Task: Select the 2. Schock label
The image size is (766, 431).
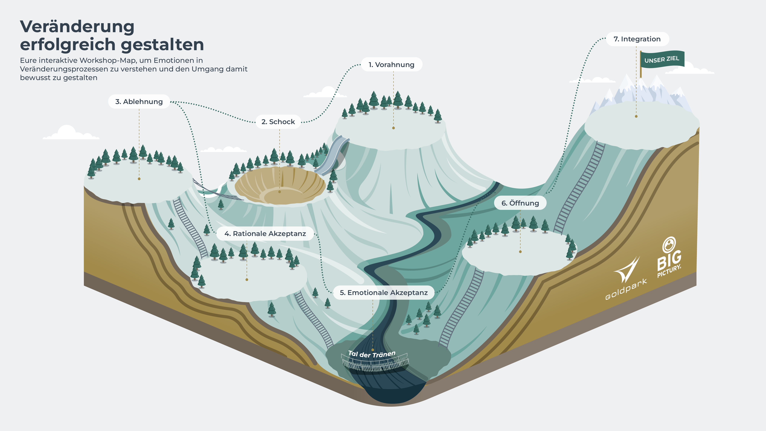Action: point(278,122)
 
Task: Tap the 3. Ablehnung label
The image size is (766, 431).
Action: point(139,102)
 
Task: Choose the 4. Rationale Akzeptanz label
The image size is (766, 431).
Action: point(265,234)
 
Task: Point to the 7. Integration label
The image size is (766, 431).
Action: point(637,39)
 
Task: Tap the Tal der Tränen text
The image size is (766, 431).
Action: point(372,354)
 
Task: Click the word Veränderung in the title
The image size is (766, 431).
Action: point(77,27)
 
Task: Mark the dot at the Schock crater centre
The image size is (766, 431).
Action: point(280,192)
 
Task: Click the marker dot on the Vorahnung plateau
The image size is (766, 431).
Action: point(393,128)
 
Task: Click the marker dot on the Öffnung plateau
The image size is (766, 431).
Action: point(520,252)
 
